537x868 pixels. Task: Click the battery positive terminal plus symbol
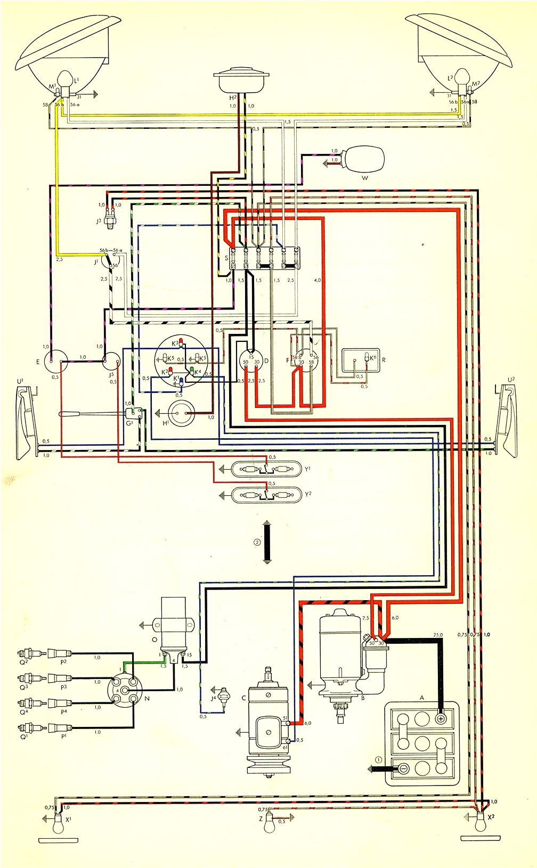(x=442, y=719)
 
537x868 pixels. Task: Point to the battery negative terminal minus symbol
(x=404, y=768)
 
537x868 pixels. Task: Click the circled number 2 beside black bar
(x=257, y=543)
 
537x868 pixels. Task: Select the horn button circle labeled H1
(x=182, y=413)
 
